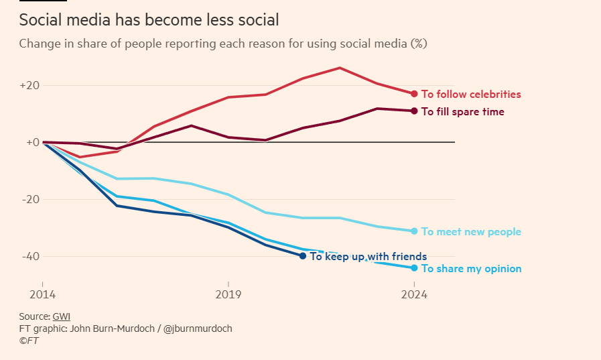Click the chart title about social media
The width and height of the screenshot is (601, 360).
149,21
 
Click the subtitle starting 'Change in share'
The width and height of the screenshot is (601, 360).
222,44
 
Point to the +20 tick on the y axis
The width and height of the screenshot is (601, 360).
30,86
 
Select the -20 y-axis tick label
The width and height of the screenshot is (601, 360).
30,199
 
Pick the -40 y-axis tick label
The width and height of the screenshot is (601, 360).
30,256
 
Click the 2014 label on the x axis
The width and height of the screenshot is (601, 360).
42,294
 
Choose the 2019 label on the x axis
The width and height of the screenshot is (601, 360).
228,294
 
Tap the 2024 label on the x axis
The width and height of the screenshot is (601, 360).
415,294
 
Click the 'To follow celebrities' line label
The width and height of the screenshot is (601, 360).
471,95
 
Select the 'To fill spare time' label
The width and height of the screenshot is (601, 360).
462,112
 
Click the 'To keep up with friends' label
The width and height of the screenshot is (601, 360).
368,256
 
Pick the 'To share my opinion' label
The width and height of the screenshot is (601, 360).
471,269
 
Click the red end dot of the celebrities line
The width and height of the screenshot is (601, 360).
414,94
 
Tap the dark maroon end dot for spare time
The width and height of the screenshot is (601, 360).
414,111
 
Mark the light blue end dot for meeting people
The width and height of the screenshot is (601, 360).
414,231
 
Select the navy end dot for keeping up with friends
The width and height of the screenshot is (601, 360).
303,256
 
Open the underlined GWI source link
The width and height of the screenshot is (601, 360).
61,316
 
